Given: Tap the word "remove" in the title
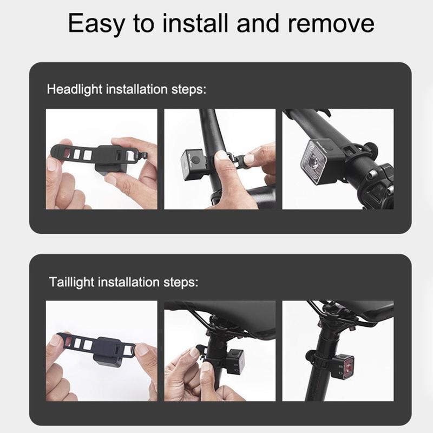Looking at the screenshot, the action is [331, 24].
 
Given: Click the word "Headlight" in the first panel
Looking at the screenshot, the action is [75, 89].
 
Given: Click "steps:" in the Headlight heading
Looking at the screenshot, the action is [189, 89].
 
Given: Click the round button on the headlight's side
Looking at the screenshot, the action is [196, 160].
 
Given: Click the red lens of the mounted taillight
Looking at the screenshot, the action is [348, 368].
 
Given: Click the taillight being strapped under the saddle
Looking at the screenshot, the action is [235, 360].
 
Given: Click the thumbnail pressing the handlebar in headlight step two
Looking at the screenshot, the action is [221, 155].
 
